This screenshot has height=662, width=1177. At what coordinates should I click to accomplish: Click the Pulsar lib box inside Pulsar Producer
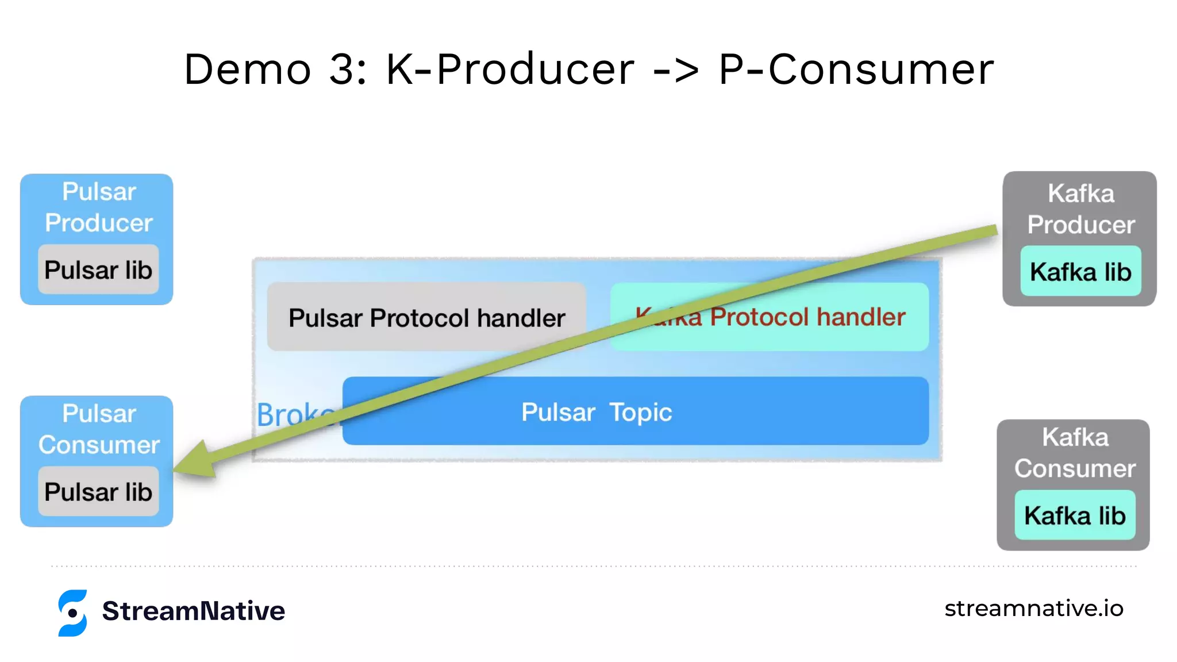[98, 270]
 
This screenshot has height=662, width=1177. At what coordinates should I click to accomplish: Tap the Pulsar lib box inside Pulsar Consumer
[98, 491]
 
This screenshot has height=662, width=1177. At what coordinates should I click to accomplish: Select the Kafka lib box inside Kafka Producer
[1080, 271]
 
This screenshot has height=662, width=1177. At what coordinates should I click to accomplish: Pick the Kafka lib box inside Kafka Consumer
[1075, 515]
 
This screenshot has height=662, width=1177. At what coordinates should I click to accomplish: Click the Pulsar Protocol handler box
[426, 317]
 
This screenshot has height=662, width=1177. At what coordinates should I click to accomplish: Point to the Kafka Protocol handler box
[805, 317]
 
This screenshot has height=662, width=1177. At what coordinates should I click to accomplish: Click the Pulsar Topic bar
[635, 411]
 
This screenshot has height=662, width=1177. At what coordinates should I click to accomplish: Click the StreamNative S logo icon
[73, 613]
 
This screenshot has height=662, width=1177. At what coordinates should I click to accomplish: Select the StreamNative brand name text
[193, 611]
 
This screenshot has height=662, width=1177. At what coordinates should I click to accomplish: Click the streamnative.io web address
[1033, 608]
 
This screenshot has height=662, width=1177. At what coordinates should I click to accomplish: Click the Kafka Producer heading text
[1080, 209]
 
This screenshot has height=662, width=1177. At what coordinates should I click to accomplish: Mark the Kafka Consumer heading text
[1075, 453]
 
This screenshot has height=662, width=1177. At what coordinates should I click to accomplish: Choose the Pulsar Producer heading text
[99, 207]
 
